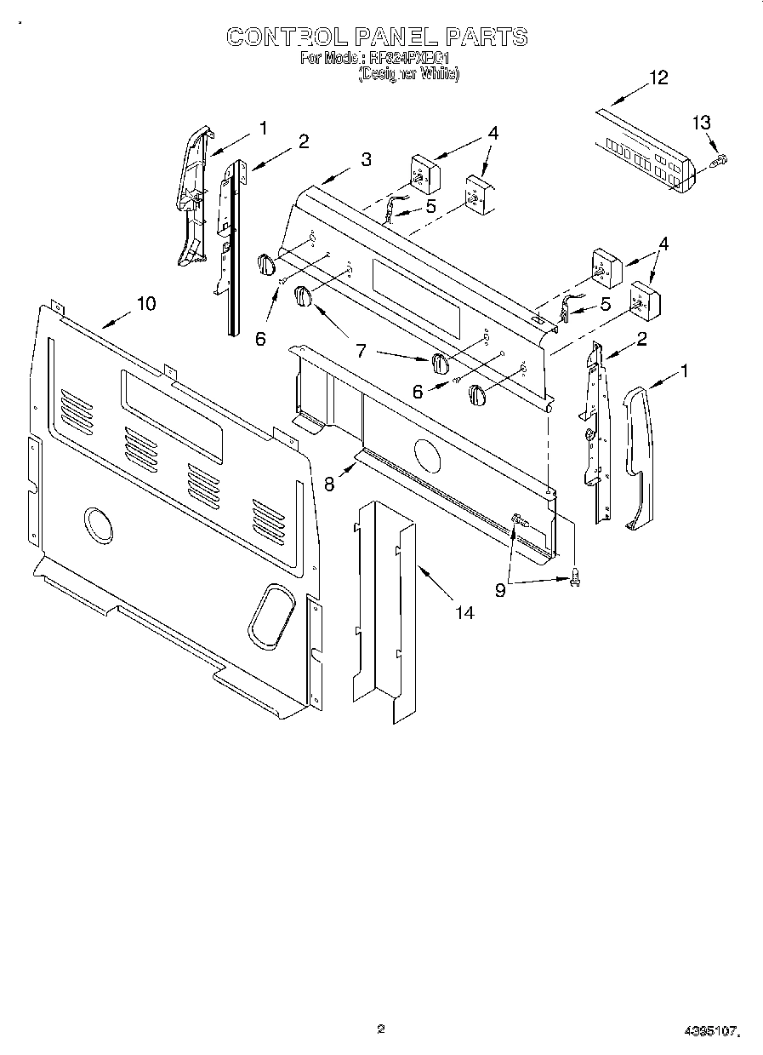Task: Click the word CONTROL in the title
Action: coord(286,37)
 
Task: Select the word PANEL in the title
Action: coord(396,37)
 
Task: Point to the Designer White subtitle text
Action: coord(409,74)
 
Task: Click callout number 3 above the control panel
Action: coord(365,159)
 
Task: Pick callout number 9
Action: coord(500,589)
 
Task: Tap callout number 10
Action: coord(146,302)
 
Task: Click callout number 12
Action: coord(658,77)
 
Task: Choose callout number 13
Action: coord(700,123)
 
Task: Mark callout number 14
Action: coord(464,611)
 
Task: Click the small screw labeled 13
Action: coord(719,159)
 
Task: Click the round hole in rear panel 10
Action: coord(99,524)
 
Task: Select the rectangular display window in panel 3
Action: coord(416,300)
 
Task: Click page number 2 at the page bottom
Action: coord(382,1029)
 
